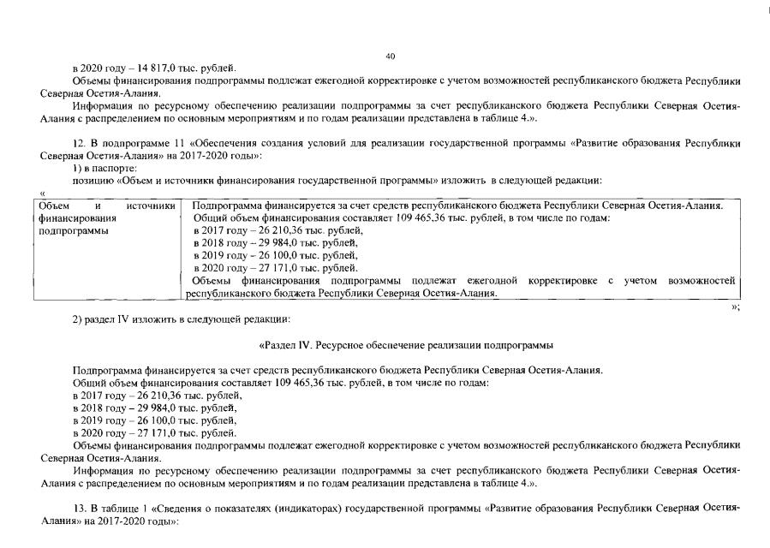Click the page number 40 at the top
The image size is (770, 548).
(x=390, y=57)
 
